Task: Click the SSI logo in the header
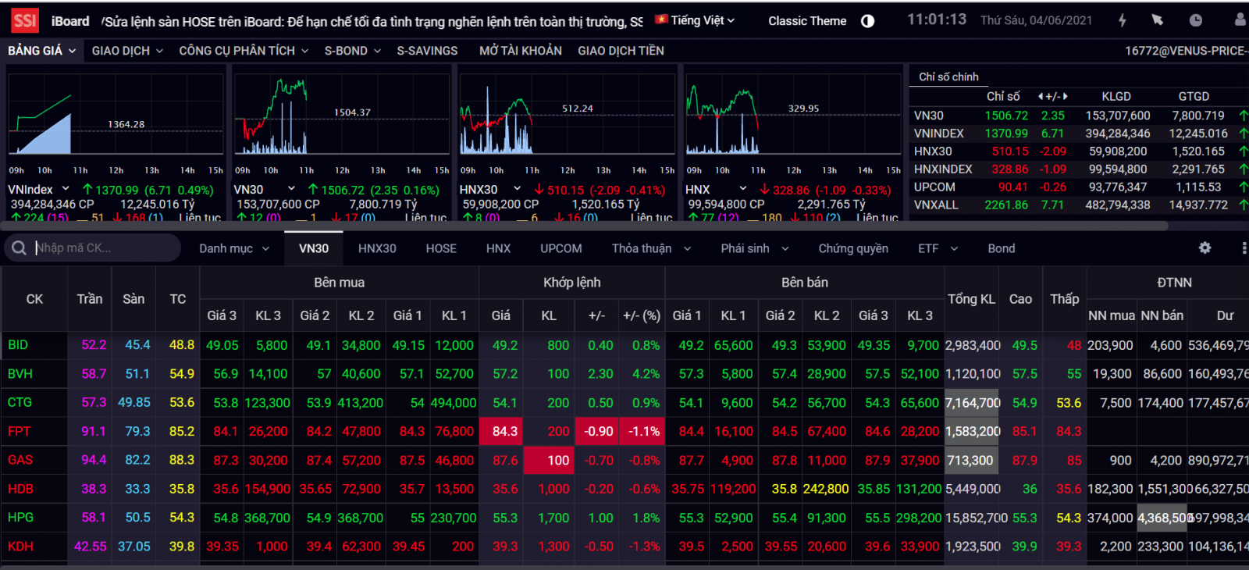[x=24, y=21]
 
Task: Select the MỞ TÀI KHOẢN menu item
[x=520, y=51]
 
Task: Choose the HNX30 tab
[x=377, y=248]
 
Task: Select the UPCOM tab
[x=560, y=248]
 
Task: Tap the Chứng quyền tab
[x=852, y=248]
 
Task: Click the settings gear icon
[x=1205, y=248]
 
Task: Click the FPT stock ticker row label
[x=20, y=431]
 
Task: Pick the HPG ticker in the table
[x=21, y=517]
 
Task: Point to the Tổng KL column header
[x=971, y=299]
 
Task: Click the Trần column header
[x=90, y=299]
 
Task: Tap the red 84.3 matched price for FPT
[x=504, y=431]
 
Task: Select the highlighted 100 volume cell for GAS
[x=557, y=460]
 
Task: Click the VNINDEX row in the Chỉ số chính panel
[x=939, y=134]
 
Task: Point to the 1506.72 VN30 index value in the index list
[x=1005, y=116]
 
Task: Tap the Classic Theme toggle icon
[x=867, y=21]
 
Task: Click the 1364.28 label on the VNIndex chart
[x=126, y=124]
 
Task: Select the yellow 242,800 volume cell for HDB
[x=825, y=489]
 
